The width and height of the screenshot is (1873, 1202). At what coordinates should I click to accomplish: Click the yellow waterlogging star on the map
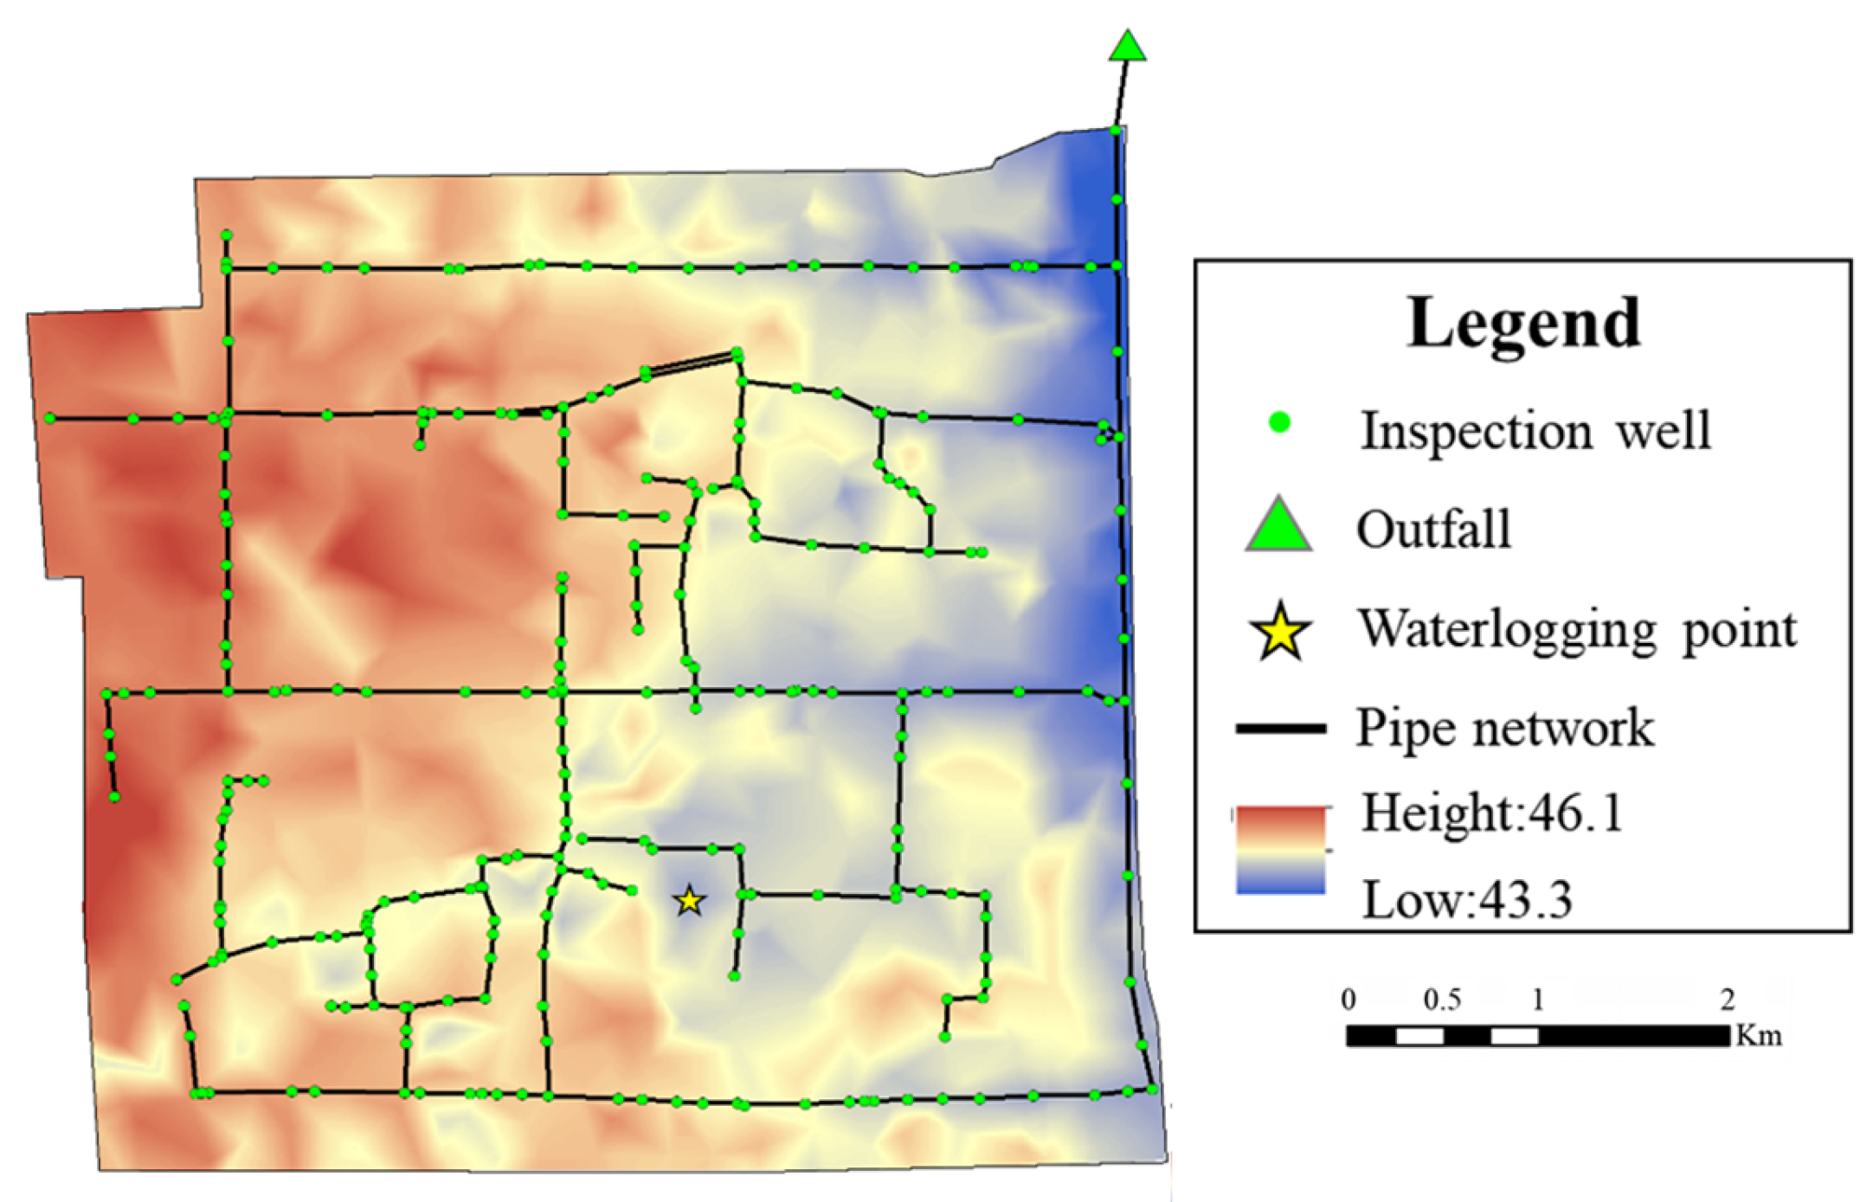pos(689,901)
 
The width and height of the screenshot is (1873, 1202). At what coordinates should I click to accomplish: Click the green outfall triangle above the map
pos(1127,48)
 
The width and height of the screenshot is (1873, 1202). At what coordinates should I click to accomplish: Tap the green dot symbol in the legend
pos(1279,422)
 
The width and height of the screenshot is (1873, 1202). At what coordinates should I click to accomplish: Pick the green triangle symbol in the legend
pos(1278,526)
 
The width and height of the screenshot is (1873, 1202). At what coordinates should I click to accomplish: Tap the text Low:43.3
pos(1467,900)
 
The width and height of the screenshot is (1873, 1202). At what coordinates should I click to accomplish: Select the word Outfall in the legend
pos(1433,529)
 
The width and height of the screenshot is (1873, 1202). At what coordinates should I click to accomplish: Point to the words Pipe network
pos(1504,728)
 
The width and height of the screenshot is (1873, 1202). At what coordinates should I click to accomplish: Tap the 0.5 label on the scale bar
pos(1442,1000)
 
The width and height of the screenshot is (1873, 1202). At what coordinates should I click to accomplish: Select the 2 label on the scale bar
pos(1728,1000)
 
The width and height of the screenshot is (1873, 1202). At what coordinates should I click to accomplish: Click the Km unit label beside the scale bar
pos(1759,1035)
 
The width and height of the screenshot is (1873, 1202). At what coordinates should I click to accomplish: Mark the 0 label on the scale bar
pos(1348,1000)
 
